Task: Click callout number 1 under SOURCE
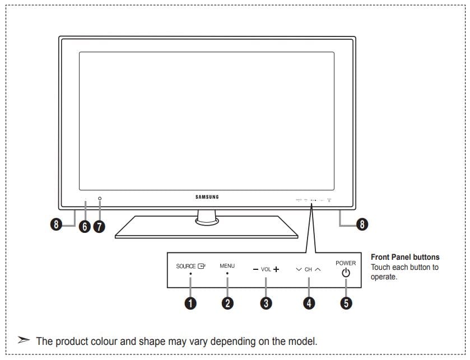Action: pyautogui.click(x=191, y=303)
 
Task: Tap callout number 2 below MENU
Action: pyautogui.click(x=227, y=303)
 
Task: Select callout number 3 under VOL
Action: pyautogui.click(x=266, y=303)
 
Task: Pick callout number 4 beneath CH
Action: pyautogui.click(x=309, y=303)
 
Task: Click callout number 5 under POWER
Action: pyautogui.click(x=346, y=303)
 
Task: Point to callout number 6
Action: pyautogui.click(x=85, y=226)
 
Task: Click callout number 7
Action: pyautogui.click(x=99, y=226)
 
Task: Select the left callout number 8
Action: pyautogui.click(x=55, y=225)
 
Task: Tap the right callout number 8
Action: pyautogui.click(x=362, y=225)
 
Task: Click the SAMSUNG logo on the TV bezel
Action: pyautogui.click(x=207, y=197)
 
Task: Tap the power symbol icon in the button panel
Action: pyautogui.click(x=346, y=273)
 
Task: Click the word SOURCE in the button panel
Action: pyautogui.click(x=186, y=267)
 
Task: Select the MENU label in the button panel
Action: pyautogui.click(x=227, y=266)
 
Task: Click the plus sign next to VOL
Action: pyautogui.click(x=276, y=269)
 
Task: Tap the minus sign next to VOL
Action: pyautogui.click(x=255, y=269)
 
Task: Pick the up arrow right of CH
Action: pyautogui.click(x=318, y=269)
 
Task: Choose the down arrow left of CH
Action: pyautogui.click(x=299, y=269)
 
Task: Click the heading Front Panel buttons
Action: pyautogui.click(x=405, y=257)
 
